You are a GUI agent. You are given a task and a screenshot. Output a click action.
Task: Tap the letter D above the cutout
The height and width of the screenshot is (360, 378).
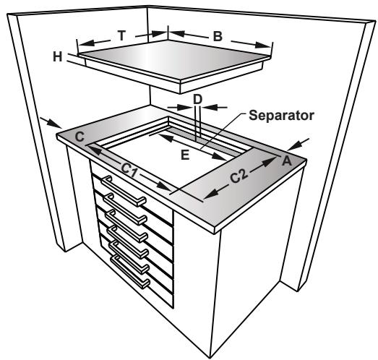pyautogui.click(x=197, y=97)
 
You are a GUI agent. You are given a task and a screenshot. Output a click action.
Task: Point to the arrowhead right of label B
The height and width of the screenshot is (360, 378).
pyautogui.click(x=270, y=47)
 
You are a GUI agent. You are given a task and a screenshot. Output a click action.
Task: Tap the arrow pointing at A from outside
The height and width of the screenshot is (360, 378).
pyautogui.click(x=307, y=140)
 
